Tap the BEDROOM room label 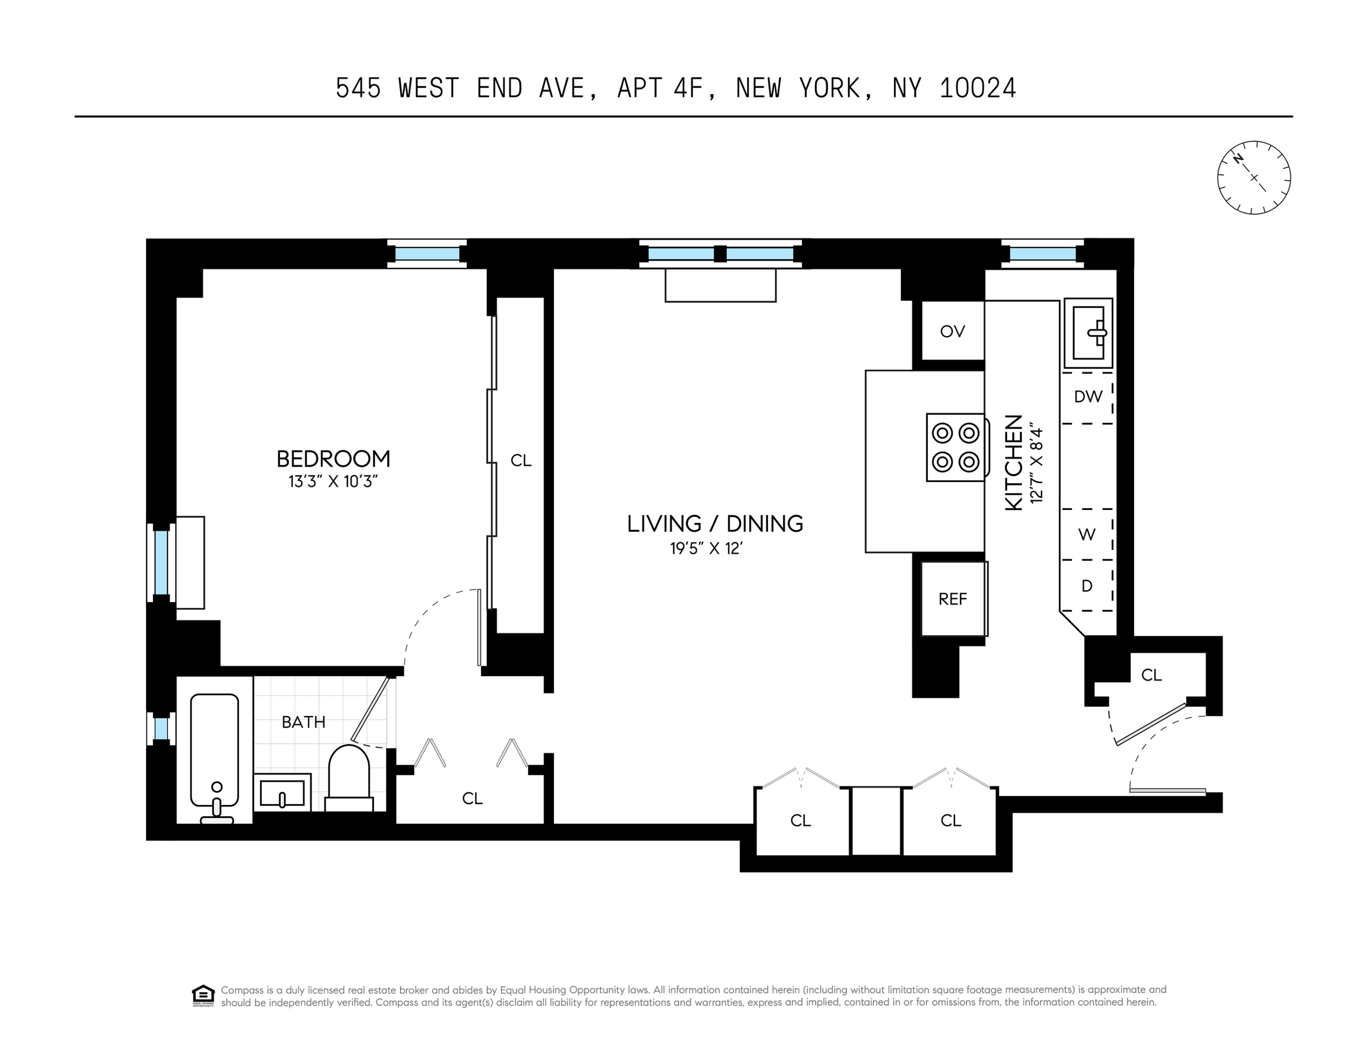333,459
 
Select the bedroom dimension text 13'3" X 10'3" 333,482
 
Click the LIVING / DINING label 715,524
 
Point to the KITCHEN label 1014,463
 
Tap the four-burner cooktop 956,448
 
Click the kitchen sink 1088,333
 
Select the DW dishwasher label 1088,396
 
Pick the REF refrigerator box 954,599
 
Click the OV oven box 953,331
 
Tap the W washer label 1087,534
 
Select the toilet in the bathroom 349,779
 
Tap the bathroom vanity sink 282,792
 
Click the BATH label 303,722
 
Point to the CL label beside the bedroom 521,460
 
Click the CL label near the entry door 1152,675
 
